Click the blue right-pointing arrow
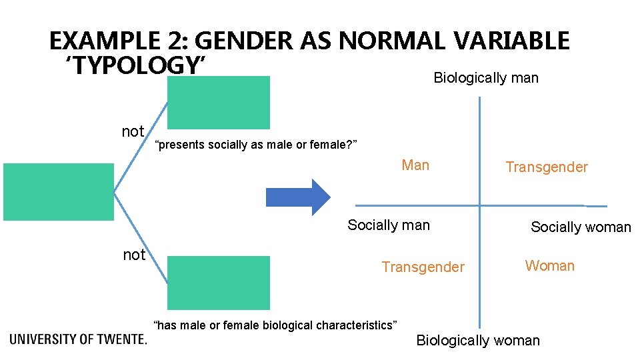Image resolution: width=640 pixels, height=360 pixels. tap(297, 197)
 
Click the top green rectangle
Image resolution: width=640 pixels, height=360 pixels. tap(218, 102)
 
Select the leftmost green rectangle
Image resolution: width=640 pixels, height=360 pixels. tap(59, 192)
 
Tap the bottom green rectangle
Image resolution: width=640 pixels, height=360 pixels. tap(218, 283)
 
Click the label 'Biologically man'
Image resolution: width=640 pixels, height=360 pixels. tap(486, 78)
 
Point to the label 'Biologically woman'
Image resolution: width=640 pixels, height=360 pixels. tap(478, 341)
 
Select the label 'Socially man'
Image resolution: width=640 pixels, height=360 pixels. tap(389, 225)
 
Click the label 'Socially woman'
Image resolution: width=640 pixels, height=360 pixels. tap(580, 227)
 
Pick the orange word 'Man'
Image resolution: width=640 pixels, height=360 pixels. tap(415, 165)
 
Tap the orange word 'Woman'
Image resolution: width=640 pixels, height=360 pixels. tap(549, 266)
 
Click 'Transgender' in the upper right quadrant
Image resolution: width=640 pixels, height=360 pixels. tap(547, 167)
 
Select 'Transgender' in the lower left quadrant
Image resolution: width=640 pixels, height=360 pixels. tap(423, 267)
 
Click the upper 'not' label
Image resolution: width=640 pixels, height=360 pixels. tap(133, 131)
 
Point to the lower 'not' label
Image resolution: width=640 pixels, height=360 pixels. tap(134, 255)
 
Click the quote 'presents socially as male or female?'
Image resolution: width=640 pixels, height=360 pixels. tap(256, 145)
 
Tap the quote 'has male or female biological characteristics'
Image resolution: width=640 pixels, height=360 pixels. tap(275, 325)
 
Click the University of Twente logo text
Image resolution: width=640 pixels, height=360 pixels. tap(78, 339)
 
